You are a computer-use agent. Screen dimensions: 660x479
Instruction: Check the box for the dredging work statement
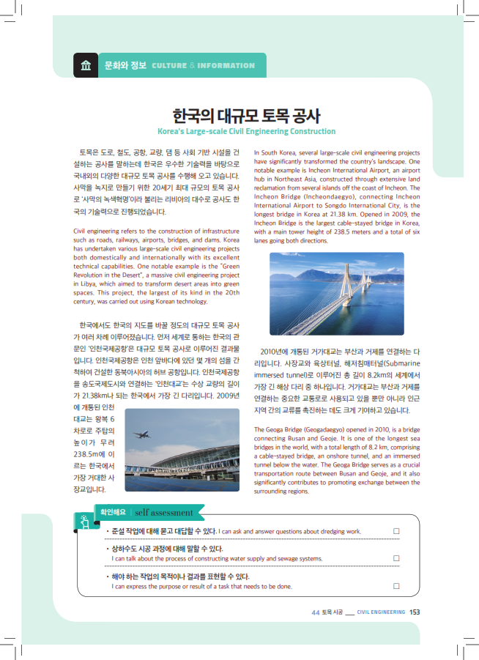pos(396,530)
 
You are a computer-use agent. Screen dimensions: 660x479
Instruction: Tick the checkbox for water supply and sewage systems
pos(396,557)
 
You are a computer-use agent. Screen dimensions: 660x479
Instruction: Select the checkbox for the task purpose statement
pos(396,585)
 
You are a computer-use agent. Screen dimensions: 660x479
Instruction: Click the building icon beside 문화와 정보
pos(86,65)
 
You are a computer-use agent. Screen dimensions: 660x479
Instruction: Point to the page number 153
pos(415,612)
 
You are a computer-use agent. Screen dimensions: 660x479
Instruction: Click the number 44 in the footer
pos(315,612)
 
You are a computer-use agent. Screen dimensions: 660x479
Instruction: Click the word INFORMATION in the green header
pos(226,66)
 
